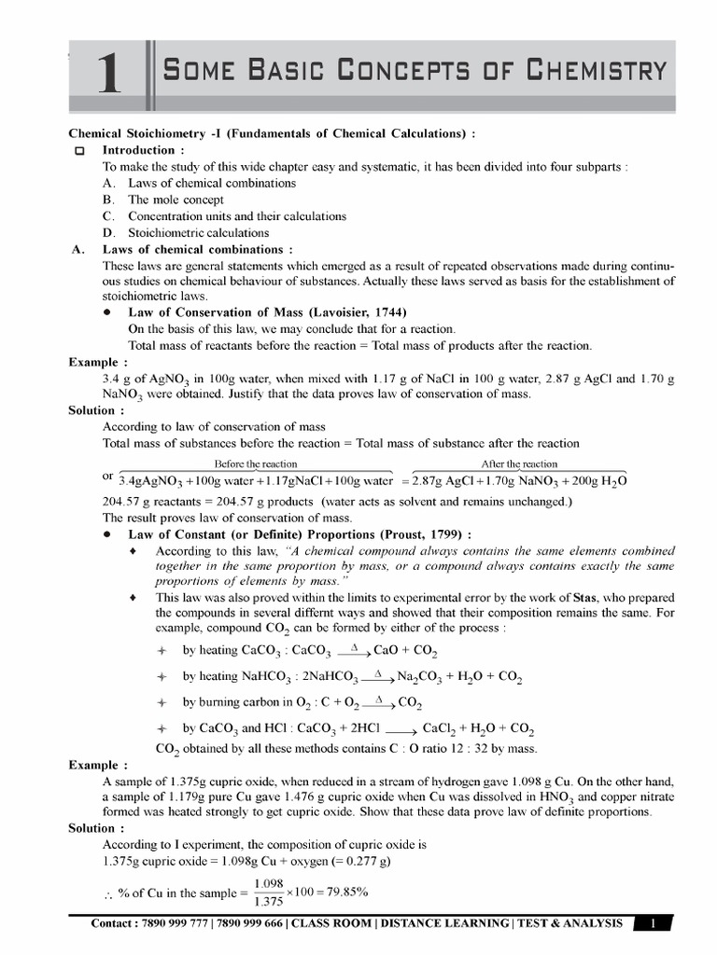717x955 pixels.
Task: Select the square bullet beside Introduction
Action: (x=79, y=151)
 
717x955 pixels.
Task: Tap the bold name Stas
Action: (x=575, y=597)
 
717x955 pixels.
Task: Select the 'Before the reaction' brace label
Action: (x=256, y=464)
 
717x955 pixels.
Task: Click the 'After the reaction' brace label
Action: (x=519, y=464)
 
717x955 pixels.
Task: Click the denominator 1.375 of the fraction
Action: (x=269, y=902)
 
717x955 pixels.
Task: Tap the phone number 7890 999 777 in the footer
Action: (x=174, y=923)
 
